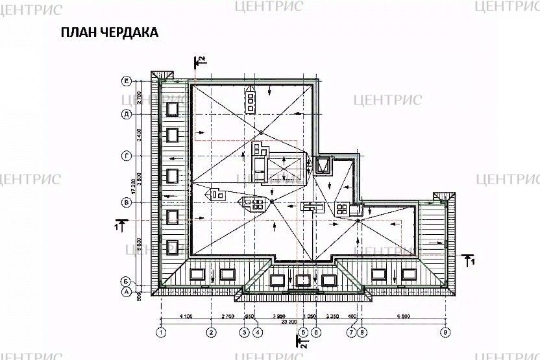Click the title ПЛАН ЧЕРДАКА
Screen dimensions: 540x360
pyautogui.click(x=109, y=33)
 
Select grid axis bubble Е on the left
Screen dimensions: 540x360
pyautogui.click(x=128, y=81)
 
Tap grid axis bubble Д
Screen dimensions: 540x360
pyautogui.click(x=128, y=115)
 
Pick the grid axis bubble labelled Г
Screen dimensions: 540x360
pyautogui.click(x=128, y=156)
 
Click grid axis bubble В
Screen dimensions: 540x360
pyautogui.click(x=128, y=202)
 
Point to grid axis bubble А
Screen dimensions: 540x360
pyautogui.click(x=128, y=292)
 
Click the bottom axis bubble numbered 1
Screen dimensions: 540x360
pyautogui.click(x=161, y=332)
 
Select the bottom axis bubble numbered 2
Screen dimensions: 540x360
pyautogui.click(x=211, y=332)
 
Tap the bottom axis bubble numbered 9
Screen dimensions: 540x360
pyautogui.click(x=445, y=332)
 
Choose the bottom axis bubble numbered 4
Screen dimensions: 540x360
pyautogui.click(x=258, y=332)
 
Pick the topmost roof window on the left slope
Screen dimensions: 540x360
pyautogui.click(x=173, y=108)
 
